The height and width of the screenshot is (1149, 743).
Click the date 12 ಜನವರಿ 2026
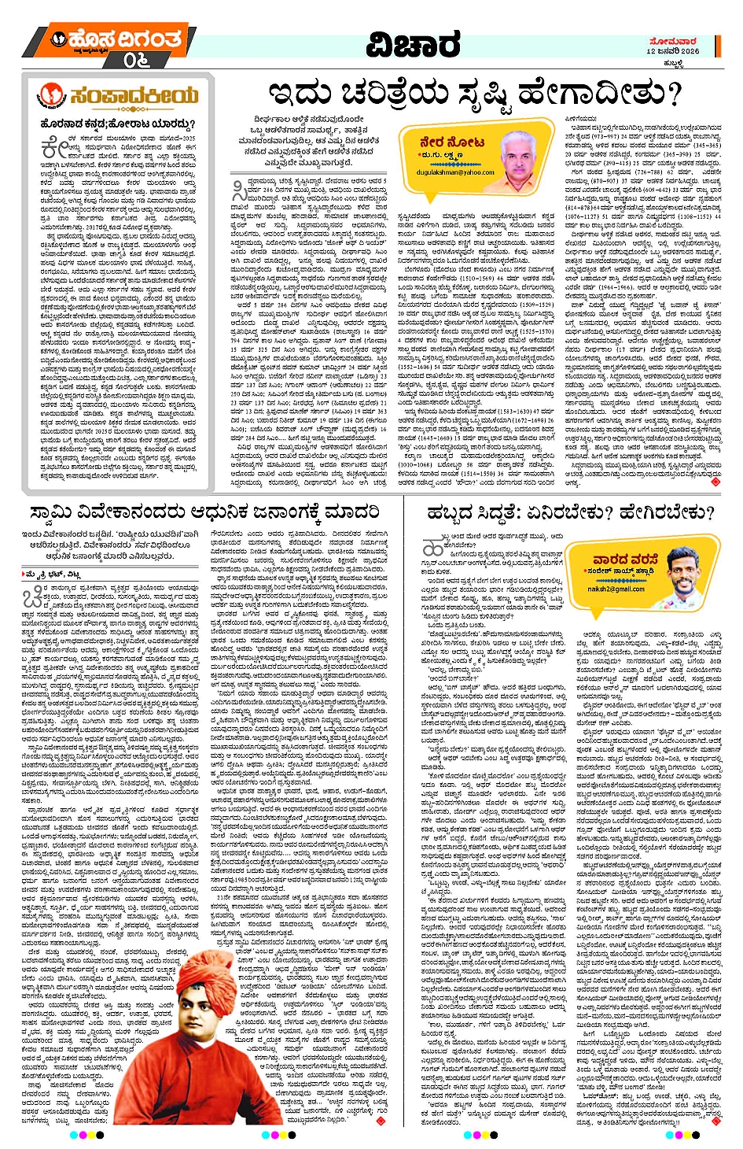point(672,50)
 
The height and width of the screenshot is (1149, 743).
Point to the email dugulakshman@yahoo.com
point(456,172)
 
